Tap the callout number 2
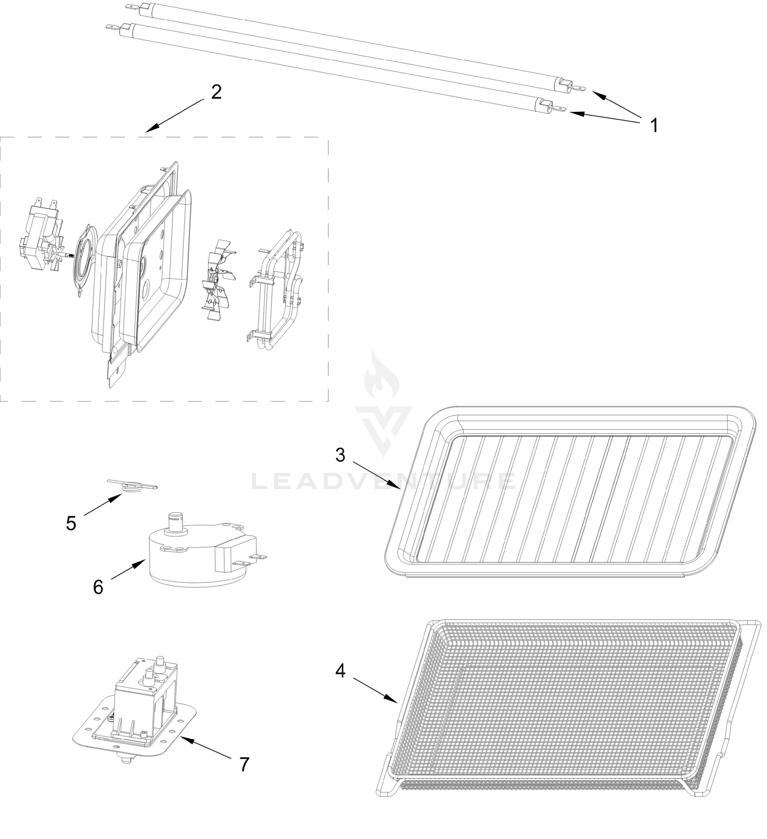[x=216, y=92]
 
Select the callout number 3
[x=340, y=455]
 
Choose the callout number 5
[x=71, y=524]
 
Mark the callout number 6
[x=98, y=588]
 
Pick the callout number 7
[x=244, y=765]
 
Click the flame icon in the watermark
[x=382, y=377]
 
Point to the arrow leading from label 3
[x=377, y=475]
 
